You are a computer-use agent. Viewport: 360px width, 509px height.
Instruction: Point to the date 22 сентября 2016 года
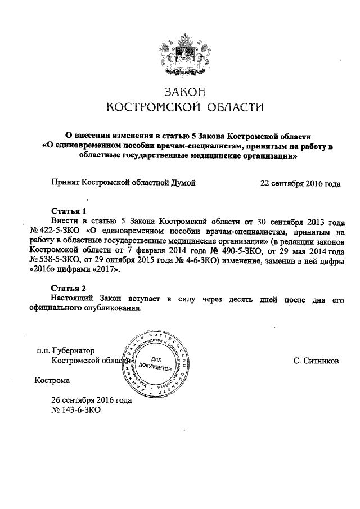coord(300,183)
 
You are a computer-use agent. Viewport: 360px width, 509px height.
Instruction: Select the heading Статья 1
coord(69,211)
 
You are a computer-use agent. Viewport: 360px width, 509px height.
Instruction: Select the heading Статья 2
coord(69,288)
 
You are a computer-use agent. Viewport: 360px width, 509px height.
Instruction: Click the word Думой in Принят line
coord(181,183)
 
